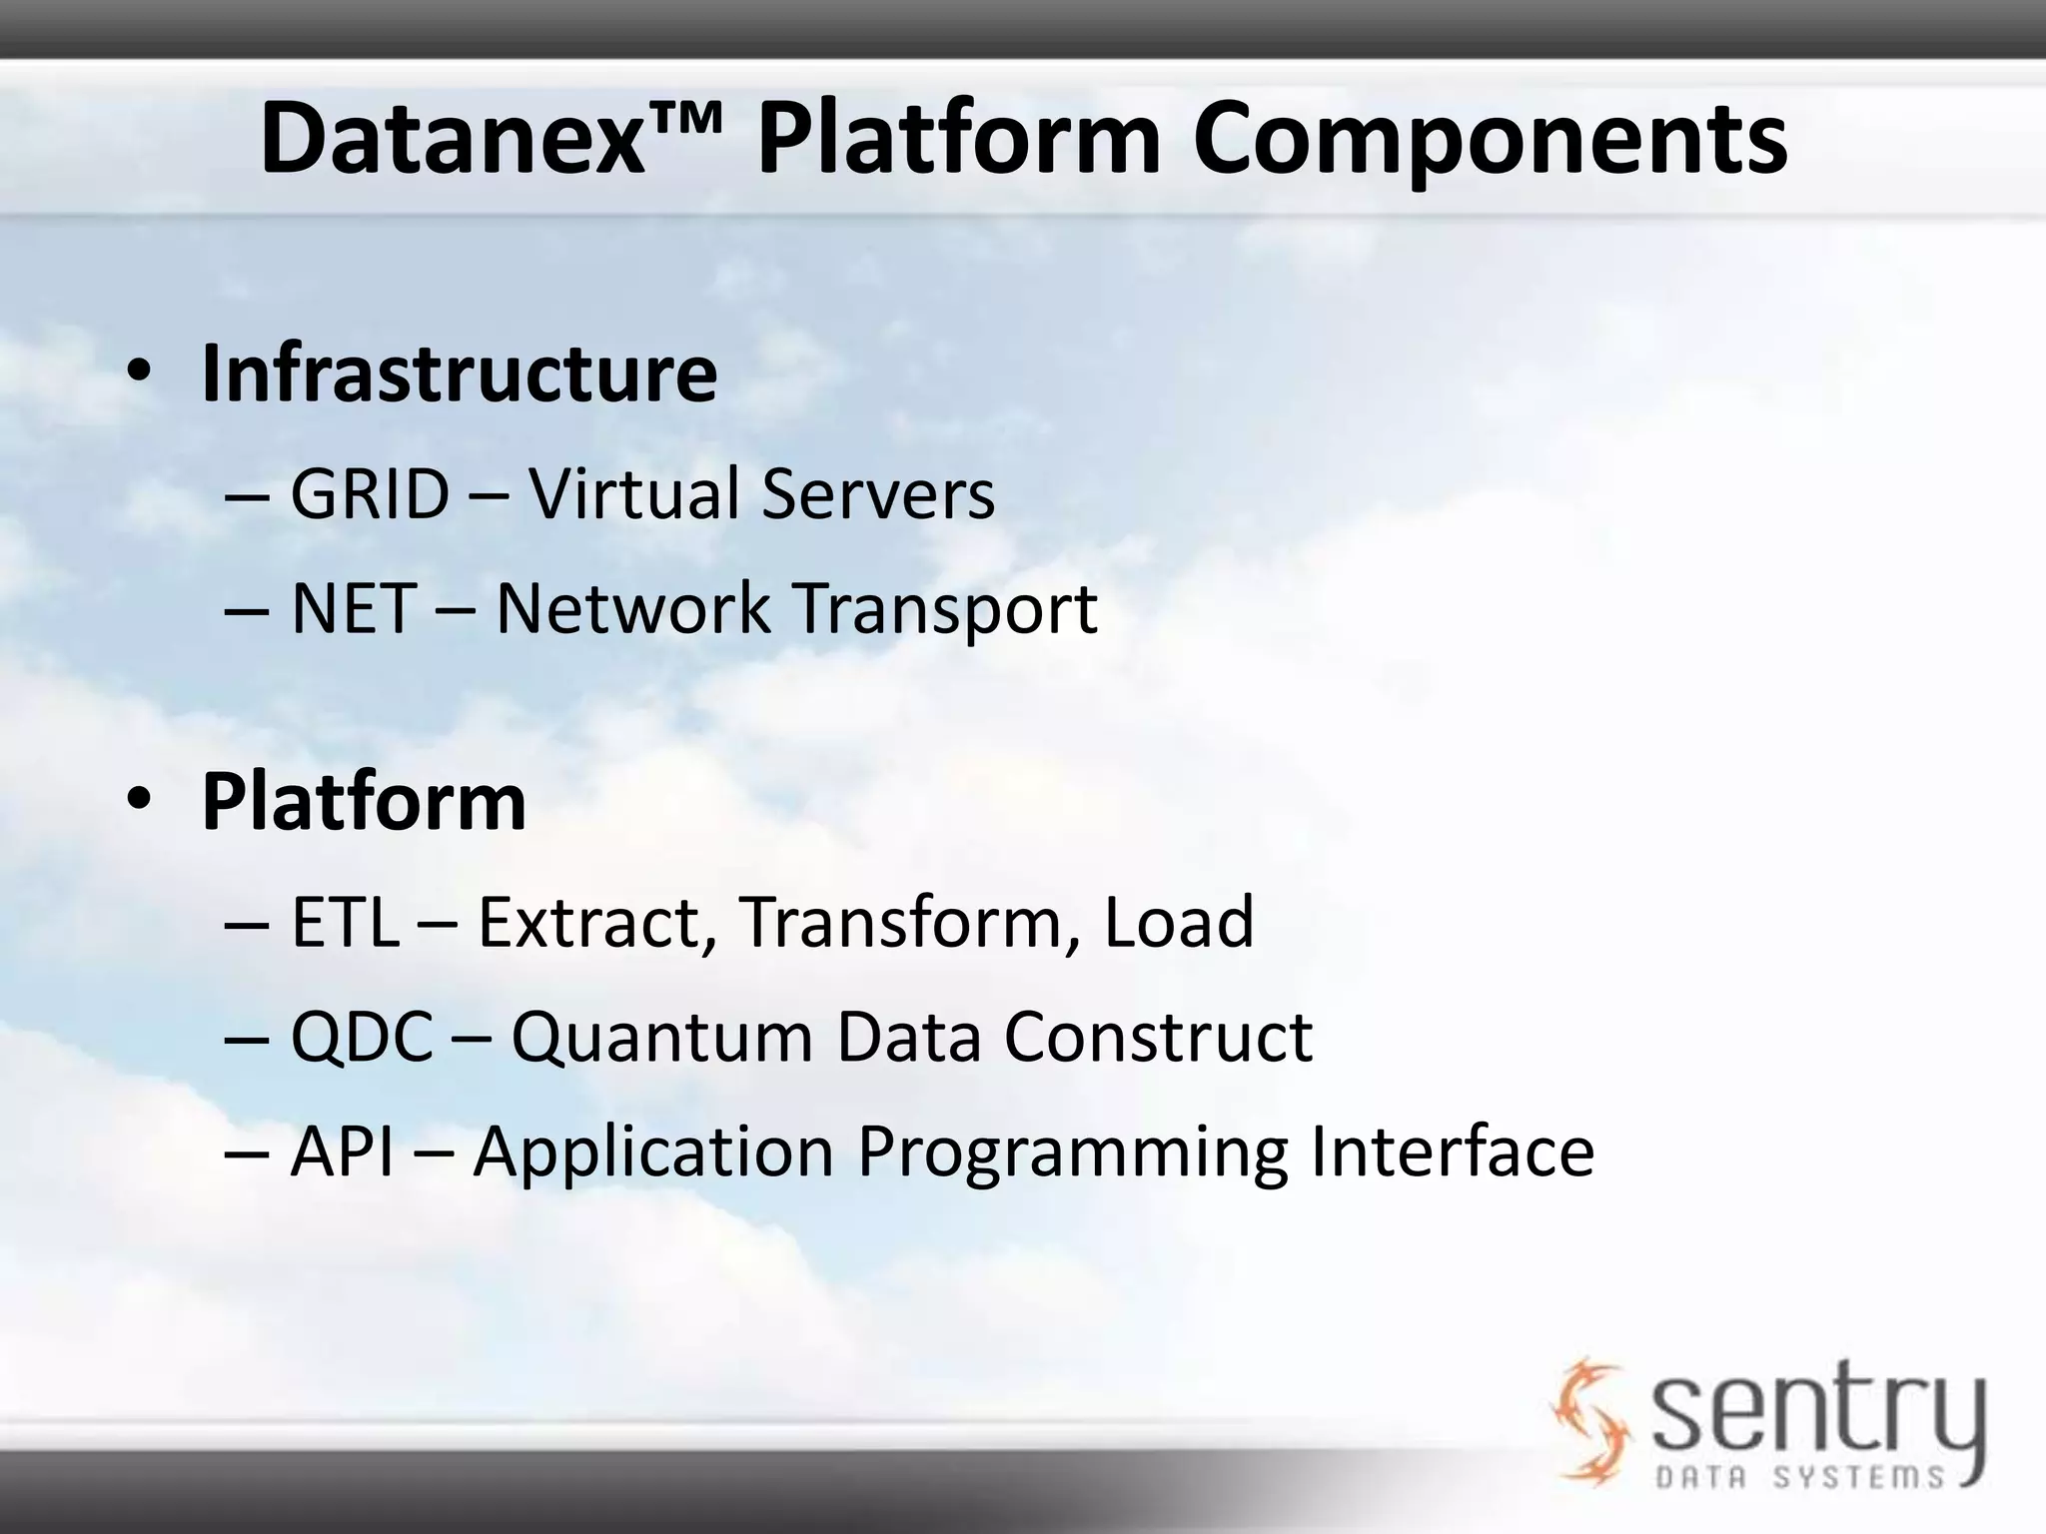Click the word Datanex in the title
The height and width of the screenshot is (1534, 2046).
click(450, 140)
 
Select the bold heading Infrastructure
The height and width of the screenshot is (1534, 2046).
click(459, 374)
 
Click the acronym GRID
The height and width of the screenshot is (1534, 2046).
click(370, 493)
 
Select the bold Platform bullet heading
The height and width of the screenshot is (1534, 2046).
click(364, 801)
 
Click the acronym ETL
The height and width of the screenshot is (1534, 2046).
click(345, 922)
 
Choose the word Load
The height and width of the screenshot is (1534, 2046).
click(1178, 922)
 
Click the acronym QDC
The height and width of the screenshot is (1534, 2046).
click(362, 1037)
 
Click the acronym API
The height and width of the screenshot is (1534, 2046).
click(342, 1151)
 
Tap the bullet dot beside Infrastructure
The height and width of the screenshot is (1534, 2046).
click(139, 372)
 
